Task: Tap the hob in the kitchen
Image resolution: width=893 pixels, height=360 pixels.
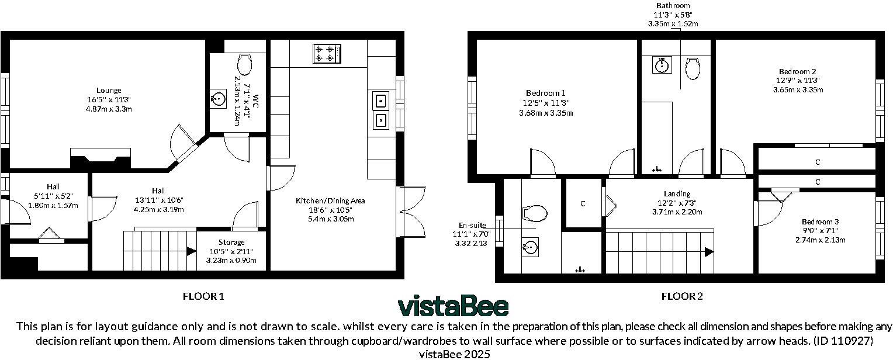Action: pos(327,53)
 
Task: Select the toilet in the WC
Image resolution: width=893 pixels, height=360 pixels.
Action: pos(244,65)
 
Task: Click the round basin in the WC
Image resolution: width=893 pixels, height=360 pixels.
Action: pos(218,98)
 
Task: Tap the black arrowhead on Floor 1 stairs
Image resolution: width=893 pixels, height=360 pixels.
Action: pos(191,251)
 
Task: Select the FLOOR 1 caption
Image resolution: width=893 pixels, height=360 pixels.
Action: pos(203,296)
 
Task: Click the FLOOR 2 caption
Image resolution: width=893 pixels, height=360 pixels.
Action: pos(682,296)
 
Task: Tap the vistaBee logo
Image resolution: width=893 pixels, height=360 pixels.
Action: pos(454,306)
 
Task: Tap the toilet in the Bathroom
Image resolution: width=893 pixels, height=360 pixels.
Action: pos(693,68)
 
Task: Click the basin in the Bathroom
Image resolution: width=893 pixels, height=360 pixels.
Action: pos(662,65)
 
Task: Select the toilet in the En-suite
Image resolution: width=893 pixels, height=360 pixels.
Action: pos(534,214)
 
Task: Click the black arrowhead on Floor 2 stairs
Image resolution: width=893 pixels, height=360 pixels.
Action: pos(709,252)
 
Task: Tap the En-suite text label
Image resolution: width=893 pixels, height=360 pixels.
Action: pos(472,225)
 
